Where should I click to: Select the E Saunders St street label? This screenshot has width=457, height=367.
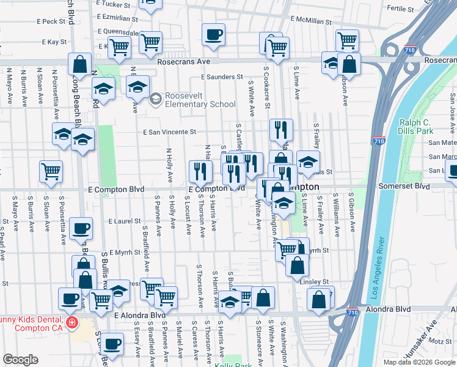pyautogui.click(x=222, y=77)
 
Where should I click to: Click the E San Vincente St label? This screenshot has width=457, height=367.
pyautogui.click(x=170, y=132)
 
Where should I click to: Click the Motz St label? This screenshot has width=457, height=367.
pyautogui.click(x=439, y=341)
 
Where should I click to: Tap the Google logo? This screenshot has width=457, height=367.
pyautogui.click(x=20, y=360)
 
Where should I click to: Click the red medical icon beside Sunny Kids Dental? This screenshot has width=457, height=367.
pyautogui.click(x=72, y=322)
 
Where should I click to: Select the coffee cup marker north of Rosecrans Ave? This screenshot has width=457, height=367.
pyautogui.click(x=213, y=35)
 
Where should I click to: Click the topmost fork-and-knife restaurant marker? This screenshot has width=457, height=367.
pyautogui.click(x=281, y=130)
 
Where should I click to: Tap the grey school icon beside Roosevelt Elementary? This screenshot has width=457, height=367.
pyautogui.click(x=156, y=98)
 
